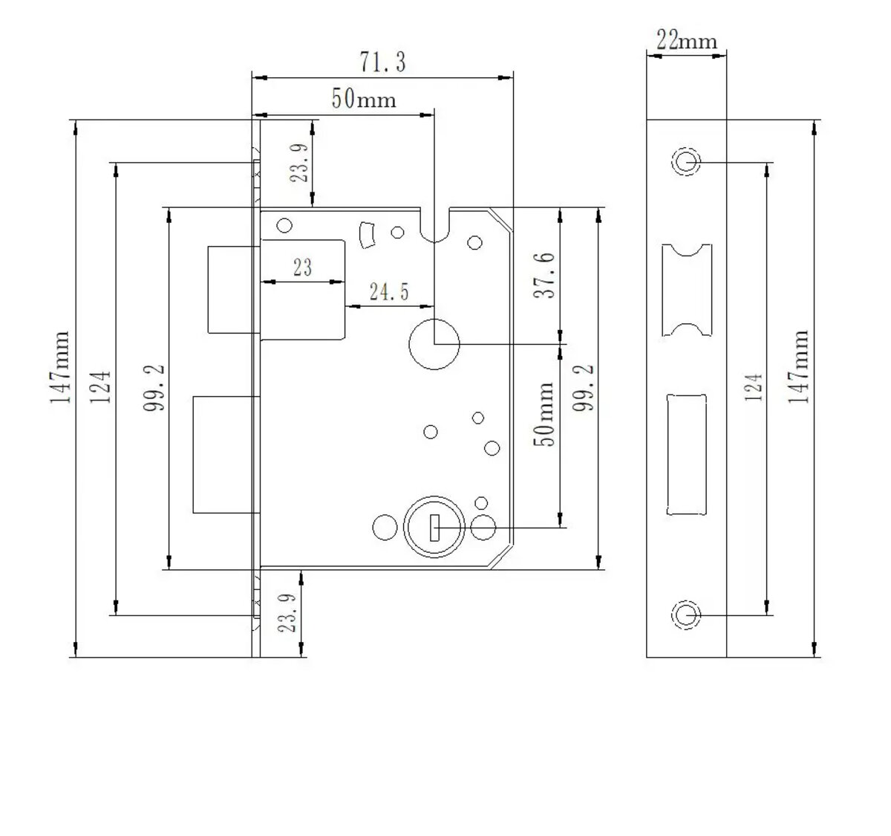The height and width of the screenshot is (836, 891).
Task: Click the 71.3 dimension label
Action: pyautogui.click(x=383, y=62)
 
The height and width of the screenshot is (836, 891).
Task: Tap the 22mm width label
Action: pyautogui.click(x=687, y=40)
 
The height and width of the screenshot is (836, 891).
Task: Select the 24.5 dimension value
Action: pyautogui.click(x=389, y=291)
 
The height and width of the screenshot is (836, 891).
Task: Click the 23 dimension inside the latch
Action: pyautogui.click(x=302, y=268)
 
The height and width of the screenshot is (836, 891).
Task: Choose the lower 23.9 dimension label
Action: pyautogui.click(x=287, y=612)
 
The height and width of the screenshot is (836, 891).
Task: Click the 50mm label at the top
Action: pyautogui.click(x=364, y=99)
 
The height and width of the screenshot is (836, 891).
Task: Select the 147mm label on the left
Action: pyautogui.click(x=61, y=367)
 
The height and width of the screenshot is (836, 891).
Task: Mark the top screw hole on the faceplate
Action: pyautogui.click(x=685, y=161)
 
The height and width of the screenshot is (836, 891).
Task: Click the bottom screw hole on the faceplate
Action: pyautogui.click(x=685, y=615)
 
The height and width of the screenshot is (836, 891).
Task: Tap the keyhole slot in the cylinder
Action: pyautogui.click(x=434, y=530)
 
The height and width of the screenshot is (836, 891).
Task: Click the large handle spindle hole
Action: pyautogui.click(x=434, y=343)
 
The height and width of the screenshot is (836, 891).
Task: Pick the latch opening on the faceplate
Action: pyautogui.click(x=686, y=289)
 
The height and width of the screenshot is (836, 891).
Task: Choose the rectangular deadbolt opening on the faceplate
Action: pyautogui.click(x=686, y=453)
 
